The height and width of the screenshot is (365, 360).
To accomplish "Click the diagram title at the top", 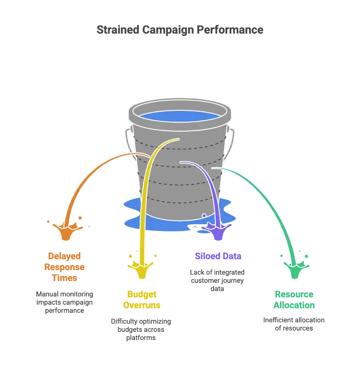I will pos(180,30).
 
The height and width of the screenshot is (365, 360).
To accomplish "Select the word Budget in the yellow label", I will pos(142,294).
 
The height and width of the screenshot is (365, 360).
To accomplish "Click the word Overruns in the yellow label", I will pos(142,305).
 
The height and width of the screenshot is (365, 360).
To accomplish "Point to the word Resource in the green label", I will pos(295,294).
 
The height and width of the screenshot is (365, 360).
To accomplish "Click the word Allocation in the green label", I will pos(295,305).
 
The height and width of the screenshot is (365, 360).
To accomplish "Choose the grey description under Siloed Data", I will pos(218,279).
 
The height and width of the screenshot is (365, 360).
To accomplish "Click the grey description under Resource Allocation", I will pos(295,324).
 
